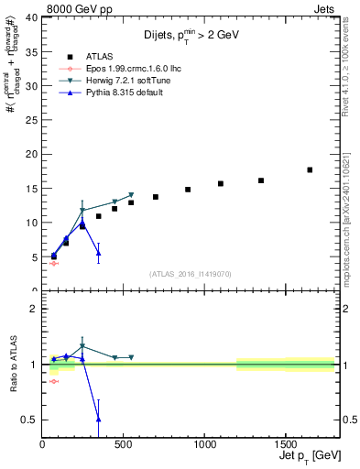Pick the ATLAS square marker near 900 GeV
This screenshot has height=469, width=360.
[188, 190]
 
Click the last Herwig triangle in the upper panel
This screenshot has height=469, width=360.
[131, 195]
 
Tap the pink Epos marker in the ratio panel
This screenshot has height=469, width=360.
[54, 381]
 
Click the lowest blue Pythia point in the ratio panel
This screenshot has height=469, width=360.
[98, 419]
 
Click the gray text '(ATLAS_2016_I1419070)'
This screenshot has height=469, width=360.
[191, 273]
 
